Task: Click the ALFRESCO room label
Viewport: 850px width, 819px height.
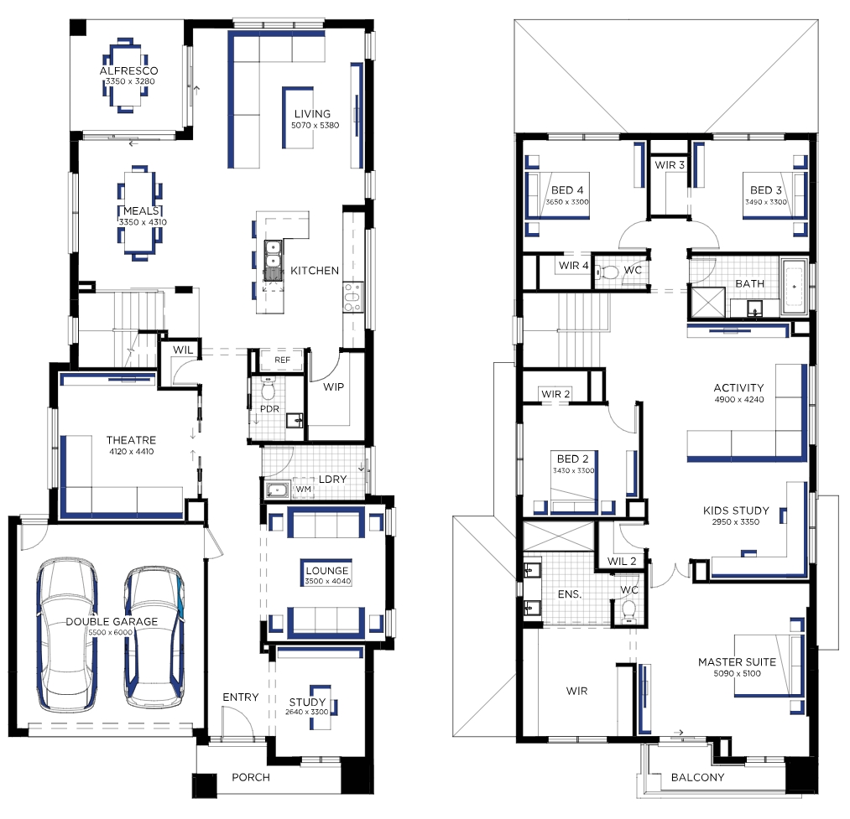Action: [128, 70]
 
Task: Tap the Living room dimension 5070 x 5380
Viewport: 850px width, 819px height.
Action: [315, 125]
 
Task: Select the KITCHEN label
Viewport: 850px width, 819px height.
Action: [315, 270]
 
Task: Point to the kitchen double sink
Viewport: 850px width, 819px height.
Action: [274, 260]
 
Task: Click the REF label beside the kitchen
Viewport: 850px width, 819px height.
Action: [282, 360]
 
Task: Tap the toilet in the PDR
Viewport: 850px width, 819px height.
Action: [269, 388]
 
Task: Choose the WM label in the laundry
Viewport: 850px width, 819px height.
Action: [304, 489]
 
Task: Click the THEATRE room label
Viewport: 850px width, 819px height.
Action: [131, 440]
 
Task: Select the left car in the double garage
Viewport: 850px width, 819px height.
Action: [66, 633]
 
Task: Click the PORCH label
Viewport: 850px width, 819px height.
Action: [250, 777]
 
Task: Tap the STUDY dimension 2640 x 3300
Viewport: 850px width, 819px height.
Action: [307, 712]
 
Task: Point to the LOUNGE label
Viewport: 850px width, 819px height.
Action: [327, 570]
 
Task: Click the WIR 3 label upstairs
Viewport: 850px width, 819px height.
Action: [670, 164]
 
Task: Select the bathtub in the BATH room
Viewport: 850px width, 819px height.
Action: [794, 287]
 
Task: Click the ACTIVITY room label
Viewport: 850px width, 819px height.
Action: [739, 388]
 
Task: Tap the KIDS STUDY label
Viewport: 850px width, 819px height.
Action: [736, 511]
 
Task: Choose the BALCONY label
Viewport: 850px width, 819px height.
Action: [697, 777]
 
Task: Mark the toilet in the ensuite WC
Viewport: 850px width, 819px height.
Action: [628, 610]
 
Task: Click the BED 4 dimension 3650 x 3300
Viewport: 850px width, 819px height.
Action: [567, 202]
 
